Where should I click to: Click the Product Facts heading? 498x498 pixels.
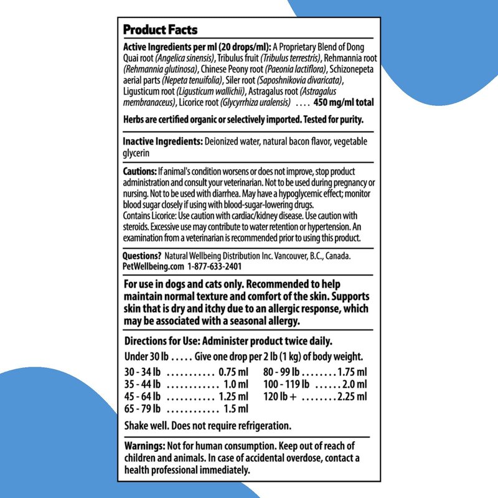pos(160,30)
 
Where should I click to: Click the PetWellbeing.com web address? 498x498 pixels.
pos(154,266)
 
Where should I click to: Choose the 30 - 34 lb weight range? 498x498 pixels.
pos(143,372)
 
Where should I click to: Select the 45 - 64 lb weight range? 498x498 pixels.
pos(143,397)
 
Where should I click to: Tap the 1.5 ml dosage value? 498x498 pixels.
pos(236,409)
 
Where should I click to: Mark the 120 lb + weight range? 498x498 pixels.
pos(281,397)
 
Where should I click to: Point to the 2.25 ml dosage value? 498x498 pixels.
pos(352,397)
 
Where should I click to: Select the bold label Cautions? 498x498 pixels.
pos(139,171)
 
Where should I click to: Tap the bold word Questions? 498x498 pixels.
pos(143,256)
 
